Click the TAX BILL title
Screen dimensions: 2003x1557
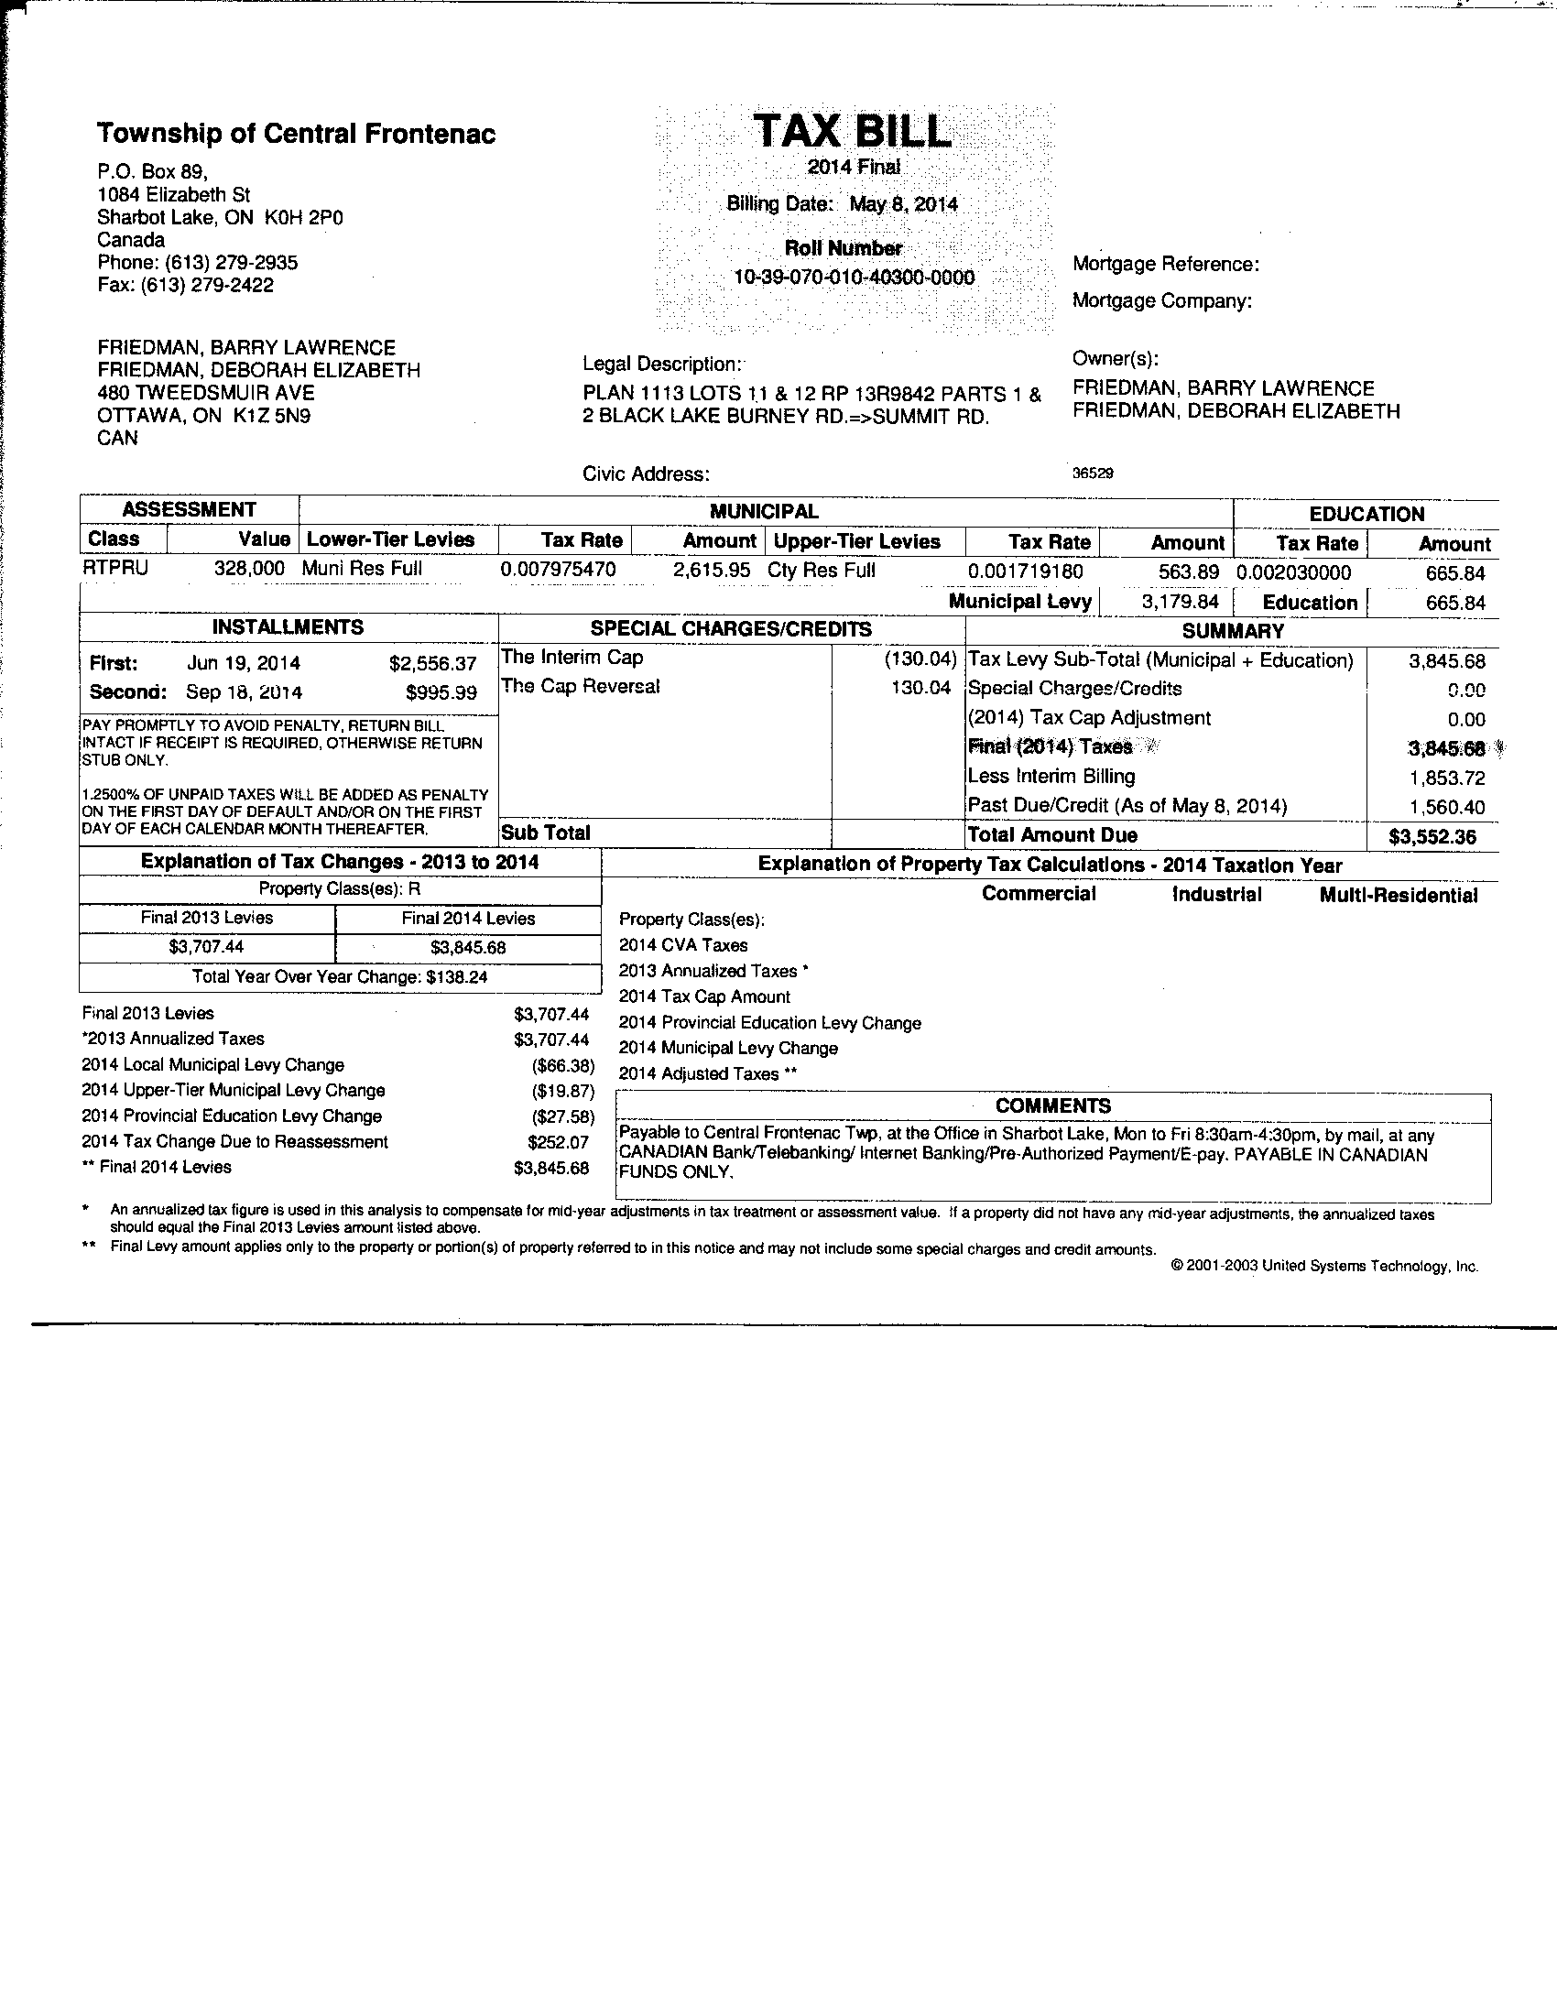point(853,133)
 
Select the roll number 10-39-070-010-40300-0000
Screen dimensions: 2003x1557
point(854,277)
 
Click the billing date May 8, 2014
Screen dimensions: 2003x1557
point(903,203)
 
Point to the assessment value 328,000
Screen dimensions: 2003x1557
point(249,569)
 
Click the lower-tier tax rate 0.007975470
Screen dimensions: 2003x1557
point(559,570)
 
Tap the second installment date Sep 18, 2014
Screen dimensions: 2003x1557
point(244,692)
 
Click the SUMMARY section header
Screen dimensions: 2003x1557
point(1233,631)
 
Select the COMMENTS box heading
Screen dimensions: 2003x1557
point(1052,1106)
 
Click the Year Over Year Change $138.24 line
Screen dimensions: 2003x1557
point(340,976)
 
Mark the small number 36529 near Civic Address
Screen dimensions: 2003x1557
point(1093,474)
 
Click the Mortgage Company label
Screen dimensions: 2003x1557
point(1161,300)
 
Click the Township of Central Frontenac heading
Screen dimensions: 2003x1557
point(296,134)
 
